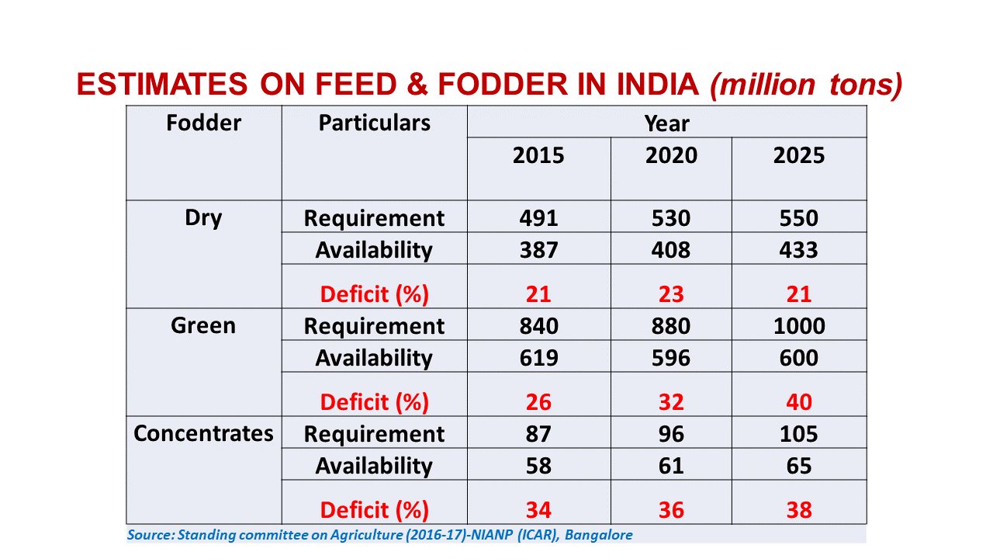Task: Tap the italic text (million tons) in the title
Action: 807,85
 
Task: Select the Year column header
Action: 666,123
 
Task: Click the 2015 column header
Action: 538,155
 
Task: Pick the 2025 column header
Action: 799,155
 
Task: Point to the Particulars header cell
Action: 375,123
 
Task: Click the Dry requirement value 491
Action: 538,218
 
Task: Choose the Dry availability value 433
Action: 799,250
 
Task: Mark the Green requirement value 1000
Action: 799,326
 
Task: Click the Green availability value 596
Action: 671,358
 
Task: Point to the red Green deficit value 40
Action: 799,402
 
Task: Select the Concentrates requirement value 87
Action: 538,434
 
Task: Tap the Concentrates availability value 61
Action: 671,466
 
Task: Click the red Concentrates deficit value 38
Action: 799,510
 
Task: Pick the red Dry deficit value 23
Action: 671,294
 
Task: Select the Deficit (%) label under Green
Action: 375,402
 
